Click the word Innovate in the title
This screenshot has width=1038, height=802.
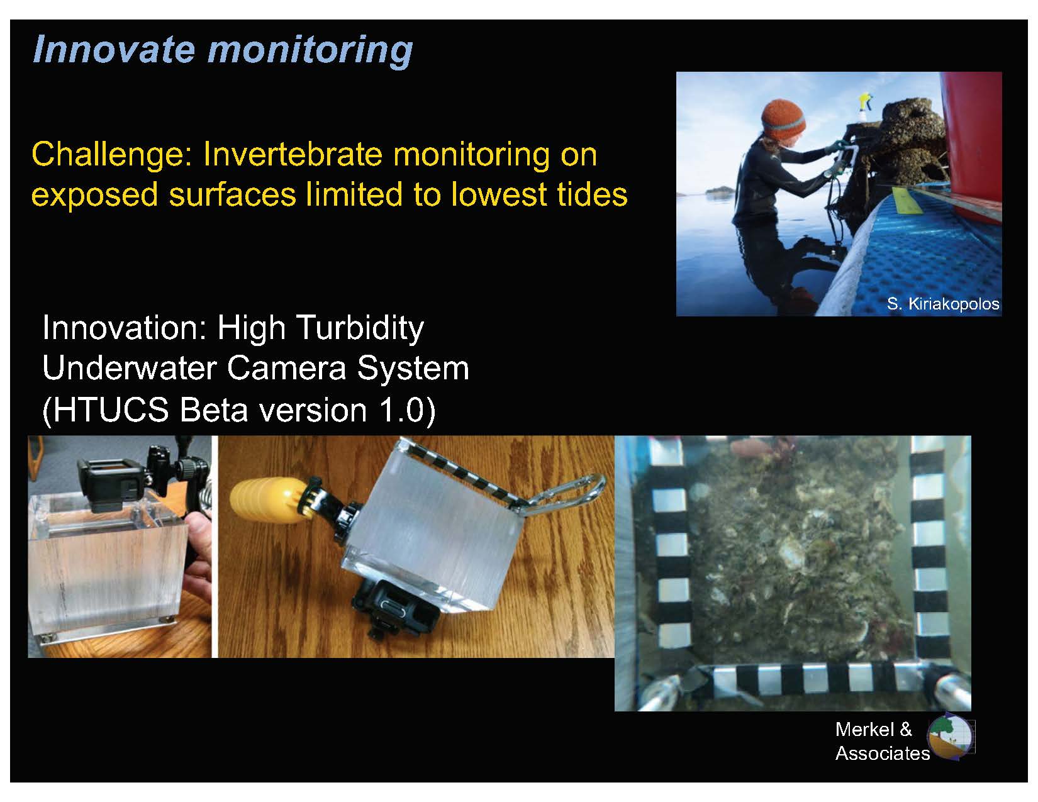click(x=114, y=49)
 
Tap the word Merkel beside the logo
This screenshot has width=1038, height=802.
click(x=864, y=730)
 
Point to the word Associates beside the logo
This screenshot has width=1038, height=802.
click(x=883, y=754)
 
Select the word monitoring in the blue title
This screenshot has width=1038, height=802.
click(x=311, y=50)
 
